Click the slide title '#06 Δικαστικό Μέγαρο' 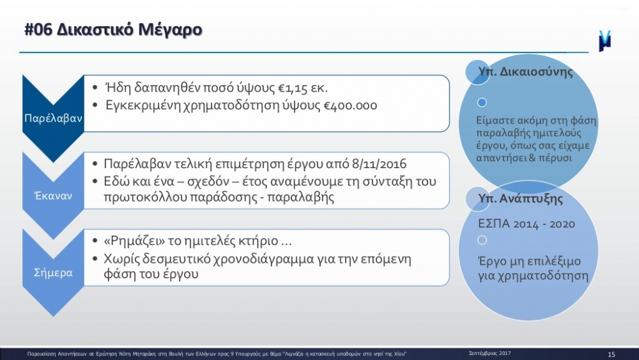(113, 30)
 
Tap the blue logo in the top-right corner (604, 41)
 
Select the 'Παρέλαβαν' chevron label (53, 119)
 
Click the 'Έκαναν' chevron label (54, 196)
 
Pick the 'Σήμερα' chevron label (53, 273)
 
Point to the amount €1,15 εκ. (303, 88)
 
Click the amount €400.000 (350, 106)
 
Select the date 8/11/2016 (379, 164)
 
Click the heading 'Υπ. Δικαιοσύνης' (525, 72)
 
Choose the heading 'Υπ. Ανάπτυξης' (520, 199)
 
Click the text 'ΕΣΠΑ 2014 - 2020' (526, 224)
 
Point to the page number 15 (612, 354)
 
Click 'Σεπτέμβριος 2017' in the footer (489, 354)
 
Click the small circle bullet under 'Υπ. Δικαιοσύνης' (482, 102)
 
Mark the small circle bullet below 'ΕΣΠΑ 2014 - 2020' (482, 240)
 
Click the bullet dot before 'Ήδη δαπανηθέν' (95, 88)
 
